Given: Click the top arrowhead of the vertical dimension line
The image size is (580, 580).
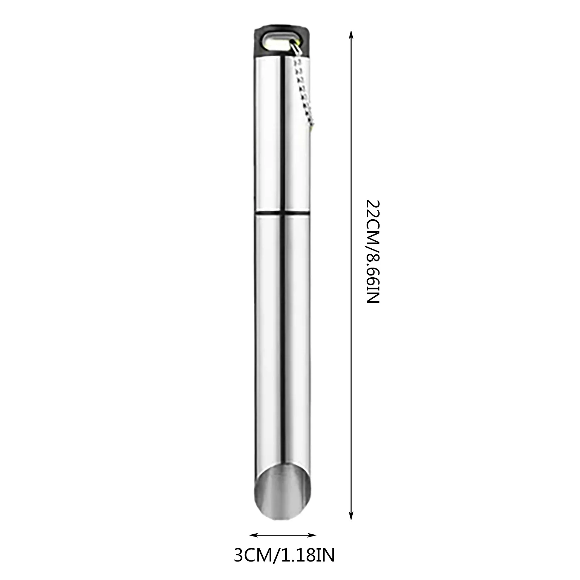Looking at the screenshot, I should click(351, 34).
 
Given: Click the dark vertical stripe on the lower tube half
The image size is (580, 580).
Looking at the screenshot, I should click(282, 326).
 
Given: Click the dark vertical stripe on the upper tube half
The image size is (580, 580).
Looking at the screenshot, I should click(282, 130).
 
